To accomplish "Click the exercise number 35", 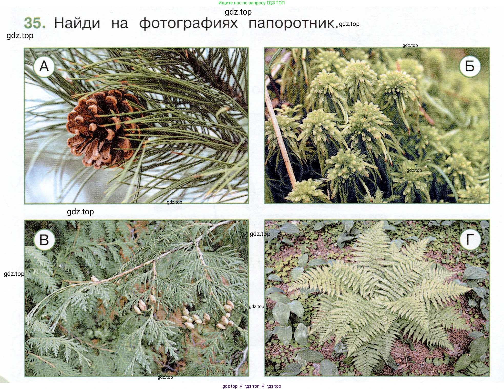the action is tap(35, 23).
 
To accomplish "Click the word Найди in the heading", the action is tap(77, 23).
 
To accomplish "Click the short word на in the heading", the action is tap(120, 24).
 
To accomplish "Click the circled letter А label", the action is tap(44, 66).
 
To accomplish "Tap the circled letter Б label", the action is tap(470, 66).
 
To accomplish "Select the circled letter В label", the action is tap(44, 240).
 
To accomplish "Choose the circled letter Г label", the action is tap(470, 240).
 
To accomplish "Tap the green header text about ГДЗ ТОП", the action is tap(251, 3).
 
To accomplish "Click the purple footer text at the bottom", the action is tap(252, 386).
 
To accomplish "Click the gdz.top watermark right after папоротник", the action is tap(349, 24).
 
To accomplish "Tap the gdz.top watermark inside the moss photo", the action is tap(414, 170).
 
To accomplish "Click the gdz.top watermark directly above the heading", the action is tap(238, 12).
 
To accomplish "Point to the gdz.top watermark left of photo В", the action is tap(14, 274).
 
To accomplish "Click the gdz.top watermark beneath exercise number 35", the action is tap(20, 36).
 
